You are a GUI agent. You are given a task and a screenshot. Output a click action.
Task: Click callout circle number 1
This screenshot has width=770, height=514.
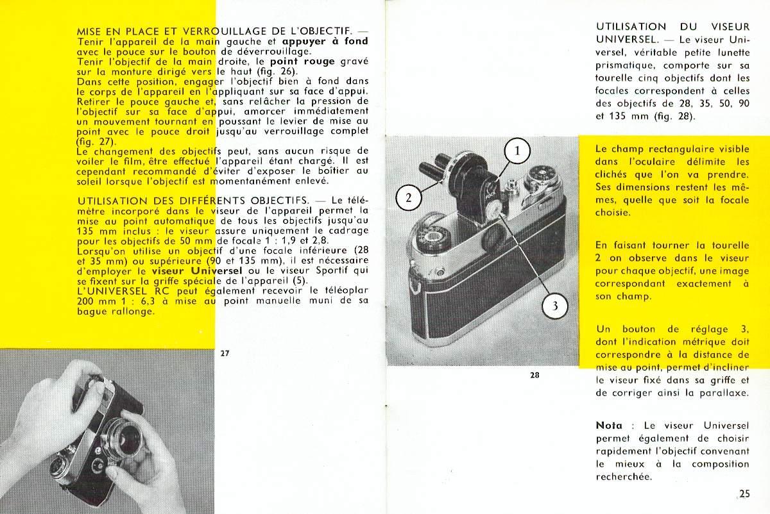tap(518, 152)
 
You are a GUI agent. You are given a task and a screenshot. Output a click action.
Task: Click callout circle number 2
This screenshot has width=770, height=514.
tap(409, 197)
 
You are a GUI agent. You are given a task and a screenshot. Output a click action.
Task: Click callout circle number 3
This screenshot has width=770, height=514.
tap(555, 306)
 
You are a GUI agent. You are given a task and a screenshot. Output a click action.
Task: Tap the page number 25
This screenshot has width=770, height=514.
tap(744, 493)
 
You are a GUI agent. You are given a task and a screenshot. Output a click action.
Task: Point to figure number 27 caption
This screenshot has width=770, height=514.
tap(224, 353)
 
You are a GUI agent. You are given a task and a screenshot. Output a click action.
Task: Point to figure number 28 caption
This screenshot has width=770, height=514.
tap(535, 375)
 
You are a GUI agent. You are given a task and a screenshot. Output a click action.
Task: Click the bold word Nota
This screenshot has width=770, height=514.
tap(609, 425)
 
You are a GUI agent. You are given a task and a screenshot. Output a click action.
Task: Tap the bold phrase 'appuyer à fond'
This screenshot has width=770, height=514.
tap(325, 41)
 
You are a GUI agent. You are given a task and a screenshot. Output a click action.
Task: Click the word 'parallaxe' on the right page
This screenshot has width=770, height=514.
tap(723, 393)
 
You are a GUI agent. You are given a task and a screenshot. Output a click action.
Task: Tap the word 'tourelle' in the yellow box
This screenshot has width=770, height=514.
tap(729, 245)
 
